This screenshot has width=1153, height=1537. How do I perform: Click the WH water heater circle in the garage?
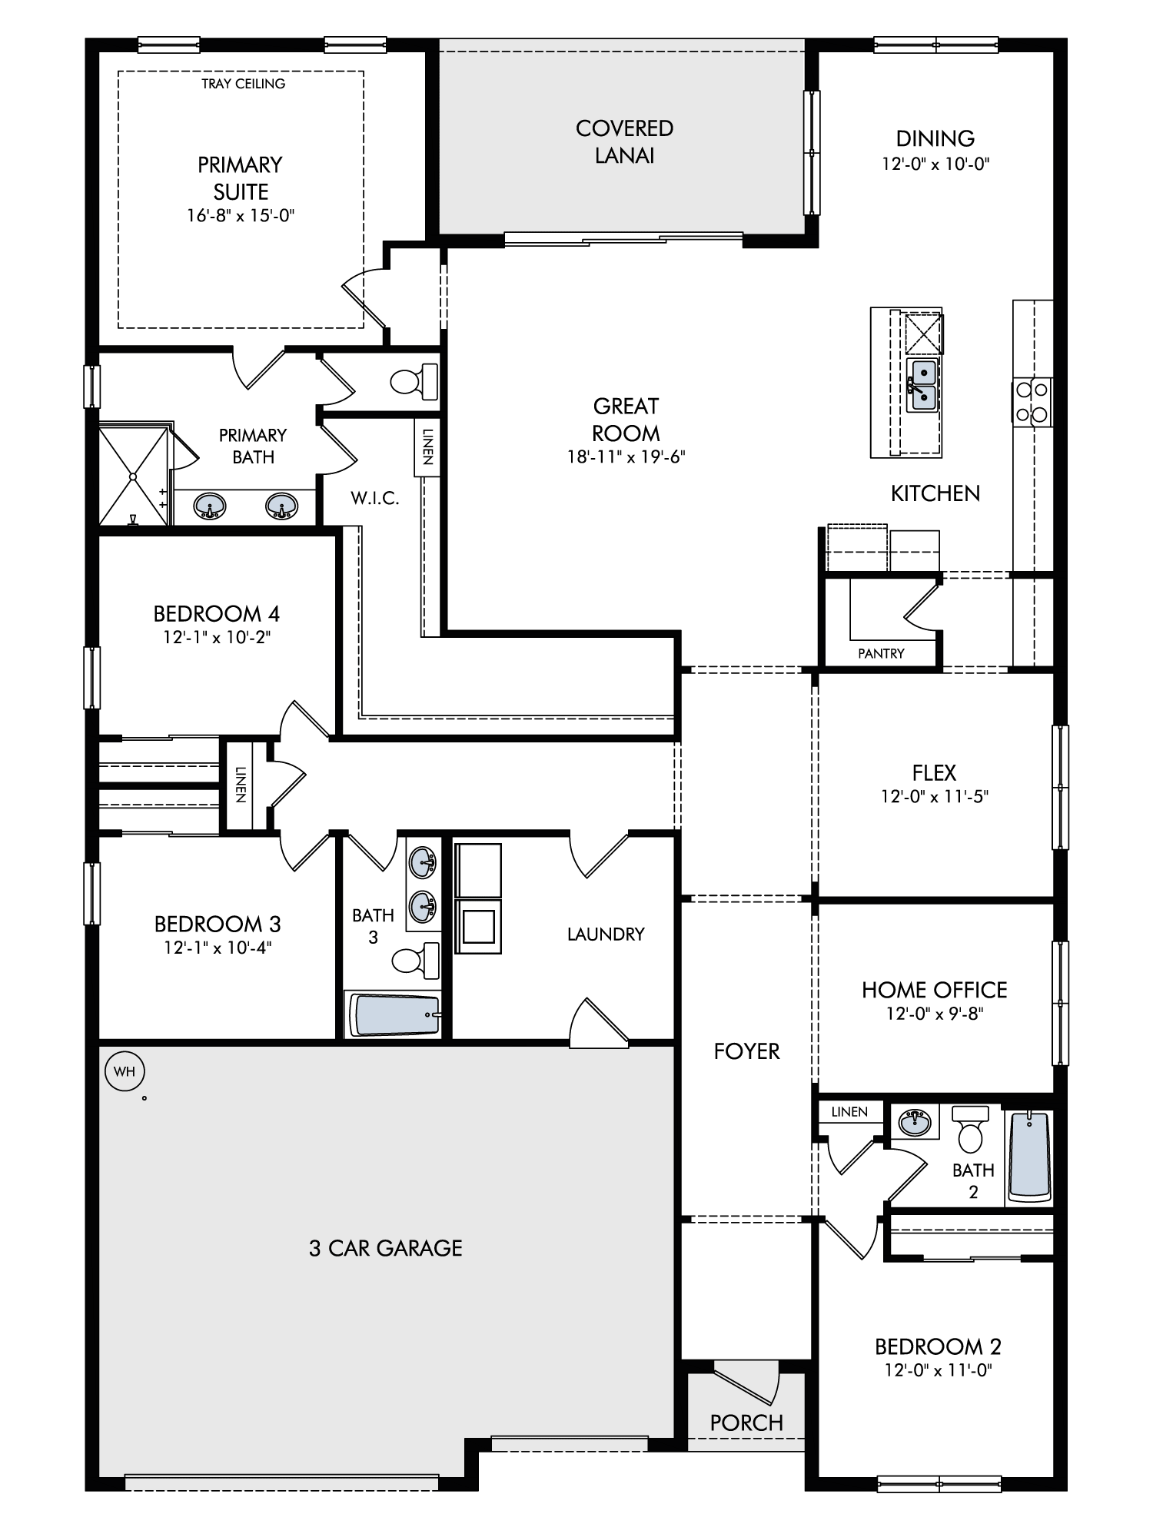[x=125, y=1071]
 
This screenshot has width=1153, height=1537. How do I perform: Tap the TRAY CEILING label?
[x=243, y=84]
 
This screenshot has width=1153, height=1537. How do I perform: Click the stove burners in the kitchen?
[x=1032, y=402]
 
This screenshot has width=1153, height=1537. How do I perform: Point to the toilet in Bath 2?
[x=972, y=1129]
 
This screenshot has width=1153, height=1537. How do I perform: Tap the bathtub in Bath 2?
[x=1029, y=1157]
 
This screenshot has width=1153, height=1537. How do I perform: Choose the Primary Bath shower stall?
[x=133, y=475]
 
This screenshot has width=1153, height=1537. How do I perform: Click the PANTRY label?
[x=881, y=653]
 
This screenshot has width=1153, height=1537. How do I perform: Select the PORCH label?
[x=746, y=1422]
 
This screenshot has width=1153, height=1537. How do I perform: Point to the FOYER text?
[x=746, y=1051]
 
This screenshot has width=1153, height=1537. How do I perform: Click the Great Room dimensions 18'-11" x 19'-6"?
[x=626, y=457]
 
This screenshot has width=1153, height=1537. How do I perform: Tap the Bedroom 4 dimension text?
[x=217, y=637]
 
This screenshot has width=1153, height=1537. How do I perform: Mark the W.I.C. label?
[x=375, y=498]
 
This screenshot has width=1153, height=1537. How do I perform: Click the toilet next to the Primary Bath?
[x=414, y=380]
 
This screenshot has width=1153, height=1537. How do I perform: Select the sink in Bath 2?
[x=915, y=1122]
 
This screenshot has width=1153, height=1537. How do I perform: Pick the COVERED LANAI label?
[x=624, y=141]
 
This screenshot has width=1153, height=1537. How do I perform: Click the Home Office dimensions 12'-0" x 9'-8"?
[x=935, y=1014]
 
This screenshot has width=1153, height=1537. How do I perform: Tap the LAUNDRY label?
[x=606, y=934]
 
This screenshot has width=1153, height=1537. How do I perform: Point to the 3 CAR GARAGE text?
[x=386, y=1248]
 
